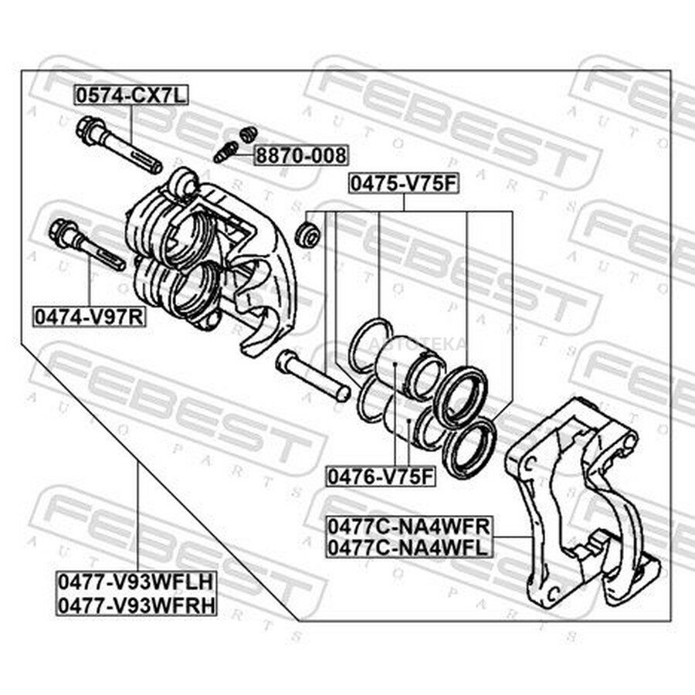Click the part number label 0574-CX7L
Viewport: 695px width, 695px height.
131,95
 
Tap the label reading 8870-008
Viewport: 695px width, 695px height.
301,155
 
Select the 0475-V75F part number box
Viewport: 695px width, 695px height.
403,184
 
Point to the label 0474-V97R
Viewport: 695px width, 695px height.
89,317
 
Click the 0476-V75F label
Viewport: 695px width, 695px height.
381,476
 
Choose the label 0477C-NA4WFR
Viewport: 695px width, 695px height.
409,527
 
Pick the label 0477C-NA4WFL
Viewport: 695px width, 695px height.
409,548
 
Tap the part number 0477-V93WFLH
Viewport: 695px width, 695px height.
137,582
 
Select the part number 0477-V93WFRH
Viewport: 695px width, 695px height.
137,604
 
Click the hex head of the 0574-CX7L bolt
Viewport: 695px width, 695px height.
89,130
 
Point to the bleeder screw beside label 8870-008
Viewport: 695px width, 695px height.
226,152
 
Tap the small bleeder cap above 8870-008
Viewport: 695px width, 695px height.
248,134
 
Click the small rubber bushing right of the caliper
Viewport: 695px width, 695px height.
307,234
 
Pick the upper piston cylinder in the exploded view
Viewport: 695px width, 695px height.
410,365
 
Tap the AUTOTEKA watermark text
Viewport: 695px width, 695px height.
418,344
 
